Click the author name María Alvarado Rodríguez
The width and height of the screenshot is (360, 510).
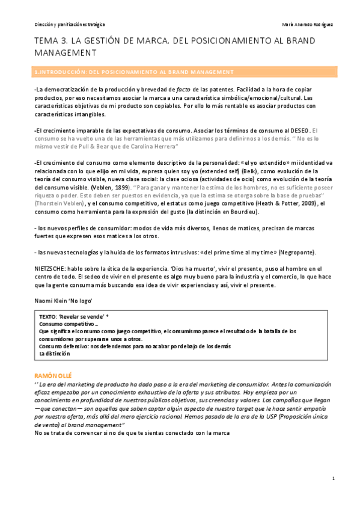(307, 25)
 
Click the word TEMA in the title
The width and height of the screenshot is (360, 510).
(47, 42)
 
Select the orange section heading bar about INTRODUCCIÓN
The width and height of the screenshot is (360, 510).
(180, 72)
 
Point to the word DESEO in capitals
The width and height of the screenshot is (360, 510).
(298, 130)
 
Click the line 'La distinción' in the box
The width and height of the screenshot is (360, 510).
(55, 354)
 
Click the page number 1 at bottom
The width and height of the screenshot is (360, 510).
(332, 478)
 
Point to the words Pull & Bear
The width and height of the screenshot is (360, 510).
(94, 146)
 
